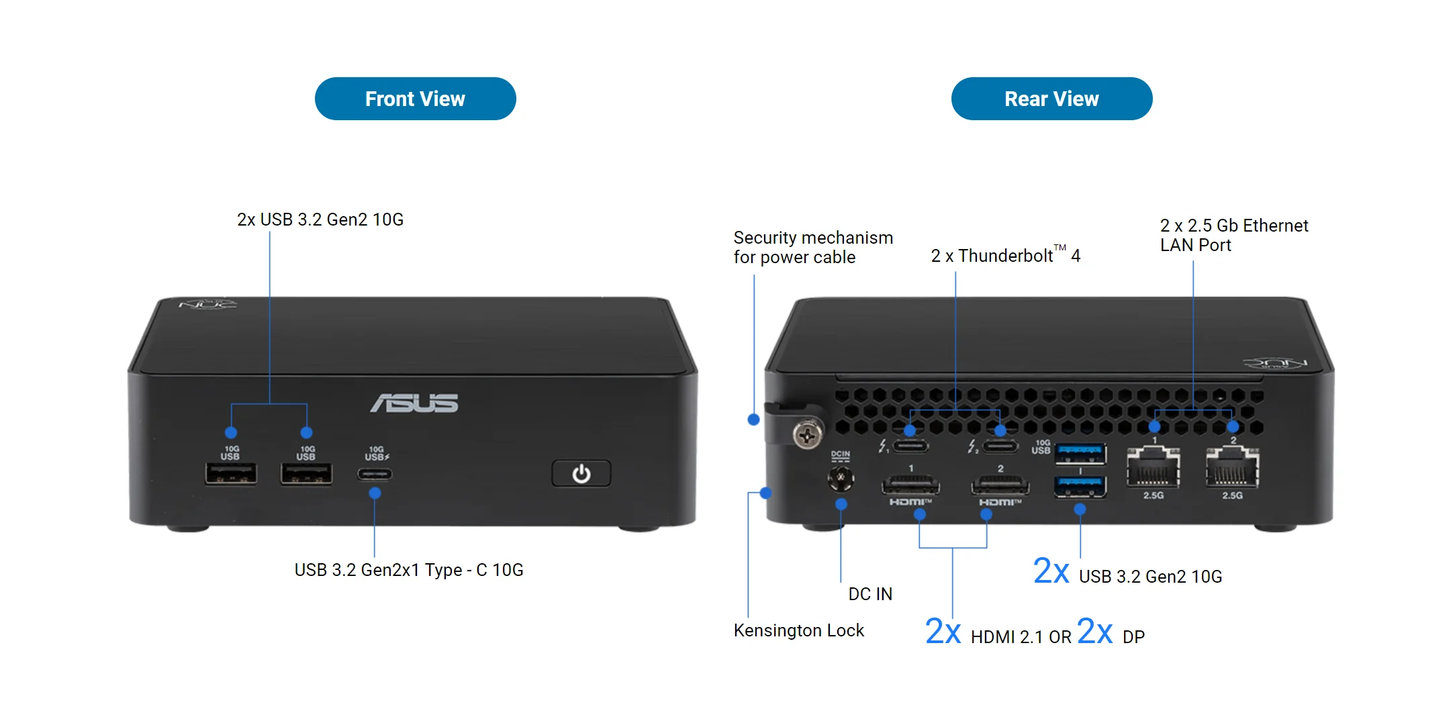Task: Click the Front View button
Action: [415, 99]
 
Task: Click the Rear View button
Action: [1051, 99]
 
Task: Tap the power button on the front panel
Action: [581, 474]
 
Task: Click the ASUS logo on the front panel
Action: [414, 403]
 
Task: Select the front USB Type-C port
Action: [375, 474]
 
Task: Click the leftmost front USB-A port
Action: [231, 474]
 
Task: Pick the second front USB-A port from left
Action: [306, 474]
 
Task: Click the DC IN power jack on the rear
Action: [840, 478]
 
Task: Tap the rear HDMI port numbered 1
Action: [910, 484]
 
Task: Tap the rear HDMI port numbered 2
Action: [1000, 484]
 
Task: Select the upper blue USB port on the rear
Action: [1080, 454]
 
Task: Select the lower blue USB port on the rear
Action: [1080, 486]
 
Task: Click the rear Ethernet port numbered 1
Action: [1154, 469]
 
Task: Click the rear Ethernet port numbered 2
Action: [1232, 469]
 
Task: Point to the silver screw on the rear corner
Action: [808, 435]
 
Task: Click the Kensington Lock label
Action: [798, 630]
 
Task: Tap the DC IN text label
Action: [870, 594]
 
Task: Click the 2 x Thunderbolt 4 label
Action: [1005, 256]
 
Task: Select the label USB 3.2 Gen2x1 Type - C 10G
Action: [409, 570]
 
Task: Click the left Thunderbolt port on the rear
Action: [910, 446]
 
